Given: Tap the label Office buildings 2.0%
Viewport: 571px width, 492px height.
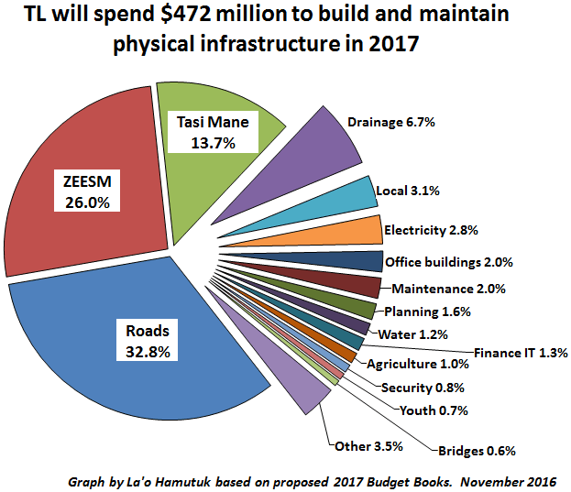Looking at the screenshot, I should click(448, 262).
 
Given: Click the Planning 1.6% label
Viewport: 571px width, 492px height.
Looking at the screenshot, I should click(427, 312).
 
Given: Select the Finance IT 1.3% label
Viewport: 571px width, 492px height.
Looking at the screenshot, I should click(521, 352).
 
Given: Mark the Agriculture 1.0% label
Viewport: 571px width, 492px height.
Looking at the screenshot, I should click(417, 365).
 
